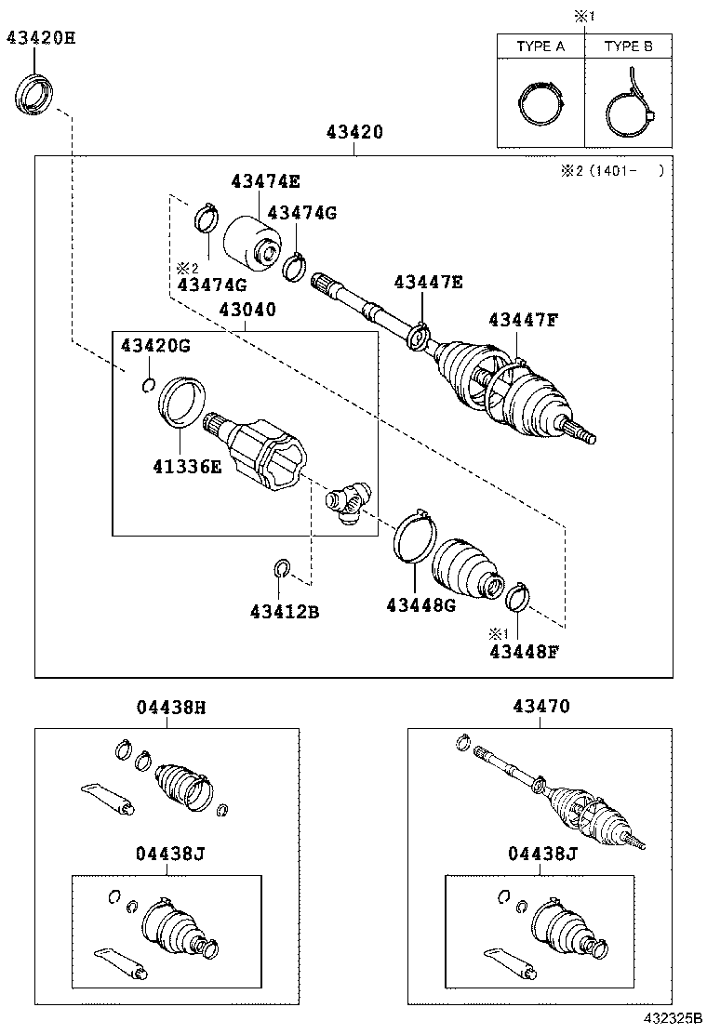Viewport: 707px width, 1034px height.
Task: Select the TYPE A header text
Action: coord(540,46)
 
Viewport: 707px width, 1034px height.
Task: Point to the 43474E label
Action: coord(266,181)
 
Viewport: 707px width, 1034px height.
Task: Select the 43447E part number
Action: coord(427,281)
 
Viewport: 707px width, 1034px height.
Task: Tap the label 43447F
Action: coord(524,320)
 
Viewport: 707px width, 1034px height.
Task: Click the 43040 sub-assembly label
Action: coord(247,310)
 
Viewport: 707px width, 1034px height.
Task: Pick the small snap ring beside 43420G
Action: coord(147,386)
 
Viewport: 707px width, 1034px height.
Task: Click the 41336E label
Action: coord(188,466)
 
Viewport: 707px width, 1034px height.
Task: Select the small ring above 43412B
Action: coord(282,567)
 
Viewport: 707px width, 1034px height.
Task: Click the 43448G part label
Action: coord(420,605)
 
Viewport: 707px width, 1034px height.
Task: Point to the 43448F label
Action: coord(524,651)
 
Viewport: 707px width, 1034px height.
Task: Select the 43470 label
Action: coord(540,708)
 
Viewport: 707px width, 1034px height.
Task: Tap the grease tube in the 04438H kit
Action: coord(107,797)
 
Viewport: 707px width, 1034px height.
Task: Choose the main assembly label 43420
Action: coord(354,134)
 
